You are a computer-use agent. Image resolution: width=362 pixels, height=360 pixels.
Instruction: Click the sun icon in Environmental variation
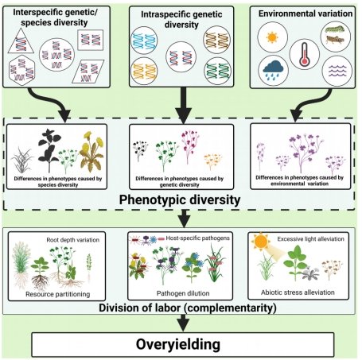pos(272,37)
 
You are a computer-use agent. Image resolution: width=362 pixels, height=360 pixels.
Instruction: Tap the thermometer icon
pos(305,54)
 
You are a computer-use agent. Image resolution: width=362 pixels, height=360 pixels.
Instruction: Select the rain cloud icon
pos(274,69)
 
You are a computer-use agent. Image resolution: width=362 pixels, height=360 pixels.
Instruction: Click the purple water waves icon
pos(337,71)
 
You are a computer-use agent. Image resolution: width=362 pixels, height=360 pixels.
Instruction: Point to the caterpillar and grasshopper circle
pos(336,37)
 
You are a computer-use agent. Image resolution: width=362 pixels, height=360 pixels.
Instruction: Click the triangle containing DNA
pos(21,41)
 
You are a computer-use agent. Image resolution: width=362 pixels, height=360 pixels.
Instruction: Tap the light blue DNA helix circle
pos(144,41)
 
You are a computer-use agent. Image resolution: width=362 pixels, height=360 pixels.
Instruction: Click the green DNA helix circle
pos(217,71)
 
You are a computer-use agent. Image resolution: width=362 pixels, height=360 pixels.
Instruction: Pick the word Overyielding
pos(178,344)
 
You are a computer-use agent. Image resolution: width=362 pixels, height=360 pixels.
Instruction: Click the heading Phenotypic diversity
pos(180,199)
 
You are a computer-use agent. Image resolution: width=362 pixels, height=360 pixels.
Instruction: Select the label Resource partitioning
pos(58,294)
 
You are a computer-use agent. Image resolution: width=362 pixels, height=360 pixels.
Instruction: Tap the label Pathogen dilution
pos(183,293)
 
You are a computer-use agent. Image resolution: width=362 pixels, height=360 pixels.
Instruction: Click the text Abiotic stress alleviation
pos(298,292)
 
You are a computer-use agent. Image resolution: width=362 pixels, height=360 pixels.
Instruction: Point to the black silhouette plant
pos(49,150)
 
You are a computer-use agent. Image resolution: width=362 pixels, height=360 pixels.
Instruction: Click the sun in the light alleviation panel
pos(260,242)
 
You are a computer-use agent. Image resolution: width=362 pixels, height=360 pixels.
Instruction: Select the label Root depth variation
pos(73,240)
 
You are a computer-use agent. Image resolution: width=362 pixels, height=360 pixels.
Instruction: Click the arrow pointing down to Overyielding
pos(183,323)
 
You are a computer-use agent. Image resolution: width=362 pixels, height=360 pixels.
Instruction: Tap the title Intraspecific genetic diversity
pos(181,19)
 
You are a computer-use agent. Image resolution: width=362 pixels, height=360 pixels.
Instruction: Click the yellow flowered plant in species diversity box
pos(91,152)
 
